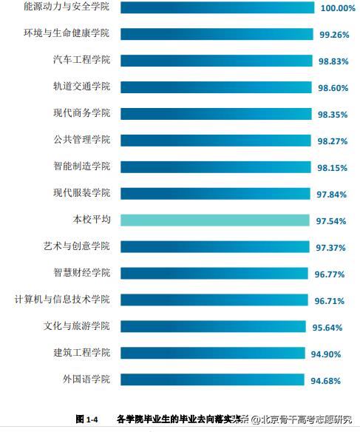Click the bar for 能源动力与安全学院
(x=217, y=7)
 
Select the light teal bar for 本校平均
(x=214, y=220)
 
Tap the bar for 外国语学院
(x=211, y=379)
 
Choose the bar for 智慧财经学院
(x=214, y=273)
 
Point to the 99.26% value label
(x=334, y=35)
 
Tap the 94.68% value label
(x=326, y=380)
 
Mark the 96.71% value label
(x=329, y=300)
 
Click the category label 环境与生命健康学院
(x=67, y=34)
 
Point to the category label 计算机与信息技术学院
(x=62, y=300)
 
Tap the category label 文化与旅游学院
(x=76, y=326)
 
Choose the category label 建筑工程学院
(x=81, y=353)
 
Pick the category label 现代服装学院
(x=81, y=193)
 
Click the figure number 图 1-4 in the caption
(x=87, y=419)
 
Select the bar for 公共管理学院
(x=215, y=140)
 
